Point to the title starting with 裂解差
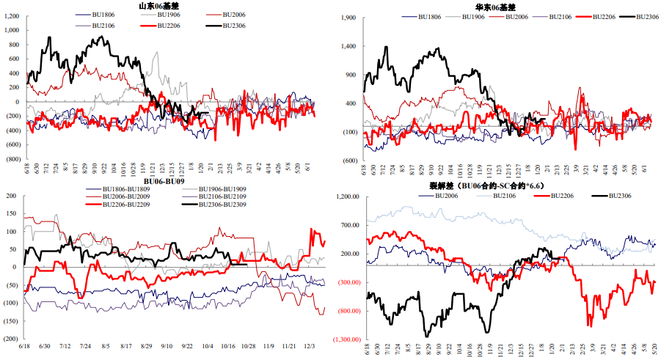tap(489, 186)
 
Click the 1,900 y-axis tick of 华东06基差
tap(346, 17)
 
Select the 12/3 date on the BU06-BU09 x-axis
tap(310, 347)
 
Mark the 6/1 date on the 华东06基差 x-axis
tap(646, 169)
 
